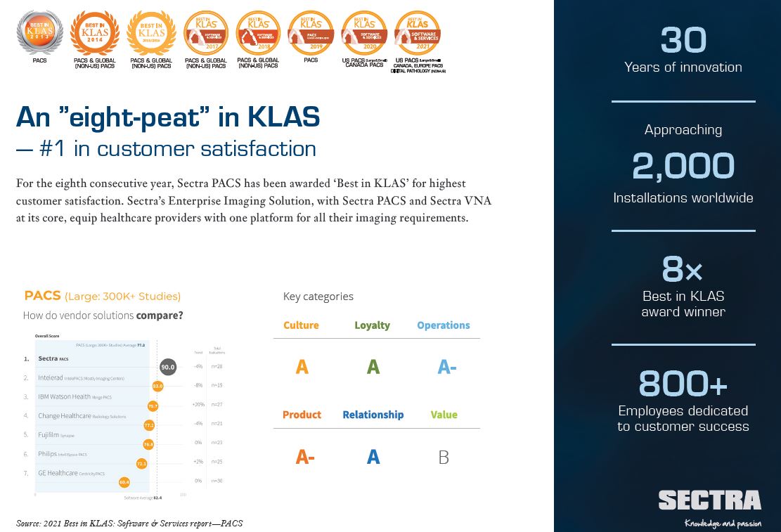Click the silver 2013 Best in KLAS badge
pos(39,32)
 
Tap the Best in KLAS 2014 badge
pos(95,32)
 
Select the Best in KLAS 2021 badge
pos(418,32)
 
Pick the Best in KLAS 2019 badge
pos(311,32)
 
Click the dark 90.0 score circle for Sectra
pos(167,367)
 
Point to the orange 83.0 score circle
pos(157,386)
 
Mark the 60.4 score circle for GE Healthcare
pos(124,482)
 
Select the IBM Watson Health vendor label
pos(64,397)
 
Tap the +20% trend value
pos(198,405)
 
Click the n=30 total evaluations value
pos(218,481)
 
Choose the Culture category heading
pos(301,325)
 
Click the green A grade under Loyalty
pos(373,367)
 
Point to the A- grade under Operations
pos(446,367)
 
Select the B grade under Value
pos(444,458)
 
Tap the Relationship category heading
pos(373,415)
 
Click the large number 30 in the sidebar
pos(683,41)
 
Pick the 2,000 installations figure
pos(683,167)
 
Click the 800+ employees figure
pos(683,384)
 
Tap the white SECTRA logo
pos(709,500)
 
